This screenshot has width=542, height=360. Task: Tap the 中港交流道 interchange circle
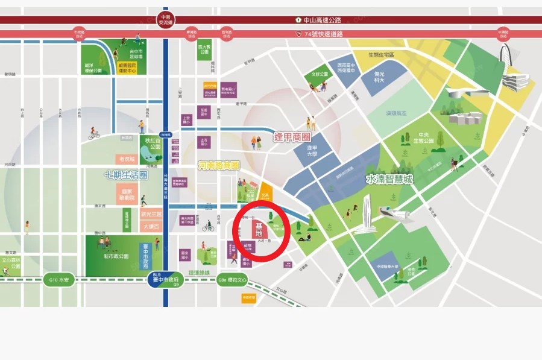[x=165, y=19]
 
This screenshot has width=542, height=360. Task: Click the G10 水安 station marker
[x=60, y=280]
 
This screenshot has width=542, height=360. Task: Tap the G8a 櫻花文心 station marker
[x=232, y=280]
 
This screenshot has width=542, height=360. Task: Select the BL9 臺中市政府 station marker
[x=165, y=279]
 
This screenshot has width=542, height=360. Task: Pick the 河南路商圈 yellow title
[x=219, y=165]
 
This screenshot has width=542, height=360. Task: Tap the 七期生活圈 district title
[x=125, y=175]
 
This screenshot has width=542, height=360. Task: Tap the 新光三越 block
[x=151, y=215]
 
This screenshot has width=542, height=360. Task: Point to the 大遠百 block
[x=151, y=227]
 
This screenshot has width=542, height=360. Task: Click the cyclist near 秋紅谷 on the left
[x=93, y=134]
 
